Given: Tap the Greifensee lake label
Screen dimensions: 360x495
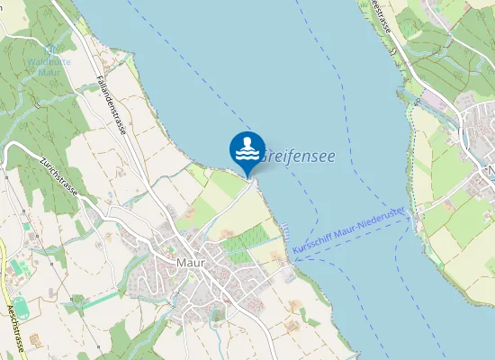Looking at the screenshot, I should coord(298,157).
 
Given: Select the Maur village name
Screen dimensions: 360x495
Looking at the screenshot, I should coord(191,262).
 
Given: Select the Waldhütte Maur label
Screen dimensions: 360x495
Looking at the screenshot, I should coord(49,66).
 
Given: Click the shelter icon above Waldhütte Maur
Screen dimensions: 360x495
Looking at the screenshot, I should coord(50,49).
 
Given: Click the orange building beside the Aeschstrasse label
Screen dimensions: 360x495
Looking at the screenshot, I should coord(36,340).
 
